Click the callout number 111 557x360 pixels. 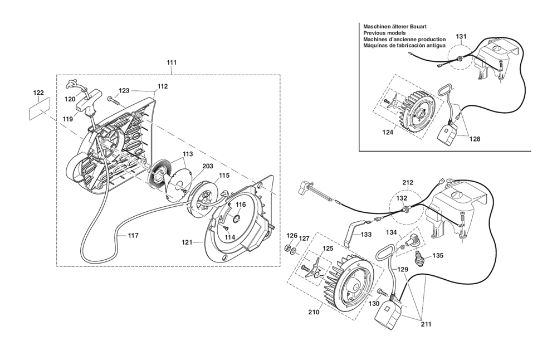(172, 62)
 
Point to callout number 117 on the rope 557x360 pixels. (134, 236)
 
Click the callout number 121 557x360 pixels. (187, 242)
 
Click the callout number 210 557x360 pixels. (314, 312)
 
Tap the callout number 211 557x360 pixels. (426, 324)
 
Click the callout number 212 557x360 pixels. (408, 183)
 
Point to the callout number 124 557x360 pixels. (388, 133)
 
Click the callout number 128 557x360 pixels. (475, 139)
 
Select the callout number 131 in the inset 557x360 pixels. (461, 36)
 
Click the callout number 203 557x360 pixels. (208, 166)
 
